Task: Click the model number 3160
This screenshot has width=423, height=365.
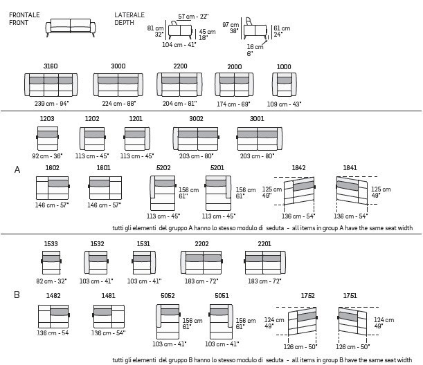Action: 51,66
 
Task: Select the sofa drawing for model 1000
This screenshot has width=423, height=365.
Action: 284,84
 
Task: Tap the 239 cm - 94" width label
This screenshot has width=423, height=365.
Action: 51,104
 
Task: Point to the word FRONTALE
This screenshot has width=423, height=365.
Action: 24,15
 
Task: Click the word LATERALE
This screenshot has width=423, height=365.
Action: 129,15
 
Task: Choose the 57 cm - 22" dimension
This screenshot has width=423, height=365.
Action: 193,17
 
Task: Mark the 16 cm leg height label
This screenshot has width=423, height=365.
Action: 255,47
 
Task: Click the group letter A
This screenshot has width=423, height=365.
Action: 17,169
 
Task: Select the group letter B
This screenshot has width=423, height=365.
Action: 17,294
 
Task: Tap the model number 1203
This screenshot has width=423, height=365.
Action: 47,118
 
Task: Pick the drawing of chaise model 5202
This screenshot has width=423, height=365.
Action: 163,193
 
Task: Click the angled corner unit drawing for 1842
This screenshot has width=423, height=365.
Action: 299,190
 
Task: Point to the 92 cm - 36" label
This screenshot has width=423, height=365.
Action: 47,156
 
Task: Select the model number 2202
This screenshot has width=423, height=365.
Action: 201,244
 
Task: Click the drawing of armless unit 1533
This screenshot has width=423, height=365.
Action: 51,263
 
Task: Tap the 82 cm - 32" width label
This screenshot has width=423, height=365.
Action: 51,281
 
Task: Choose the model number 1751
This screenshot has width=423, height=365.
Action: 350,296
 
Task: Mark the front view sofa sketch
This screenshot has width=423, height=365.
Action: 71,28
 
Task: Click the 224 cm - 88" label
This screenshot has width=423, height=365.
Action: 119,104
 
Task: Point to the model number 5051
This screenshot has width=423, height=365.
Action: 222,296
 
